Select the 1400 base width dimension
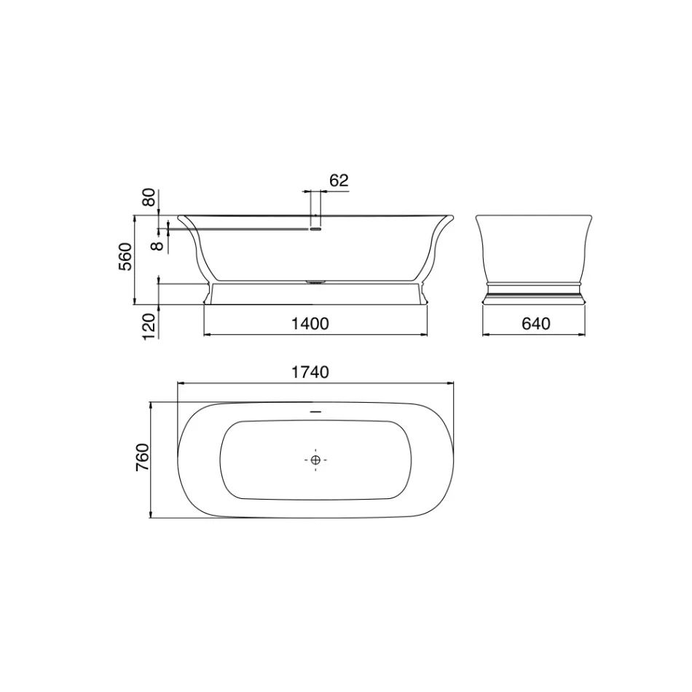point(310,323)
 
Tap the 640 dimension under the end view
point(535,323)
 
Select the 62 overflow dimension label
point(339,181)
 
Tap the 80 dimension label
point(149,197)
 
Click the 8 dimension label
point(156,246)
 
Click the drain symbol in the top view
point(315,460)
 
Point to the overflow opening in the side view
point(315,228)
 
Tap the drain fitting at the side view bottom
point(315,280)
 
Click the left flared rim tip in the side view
point(179,216)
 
